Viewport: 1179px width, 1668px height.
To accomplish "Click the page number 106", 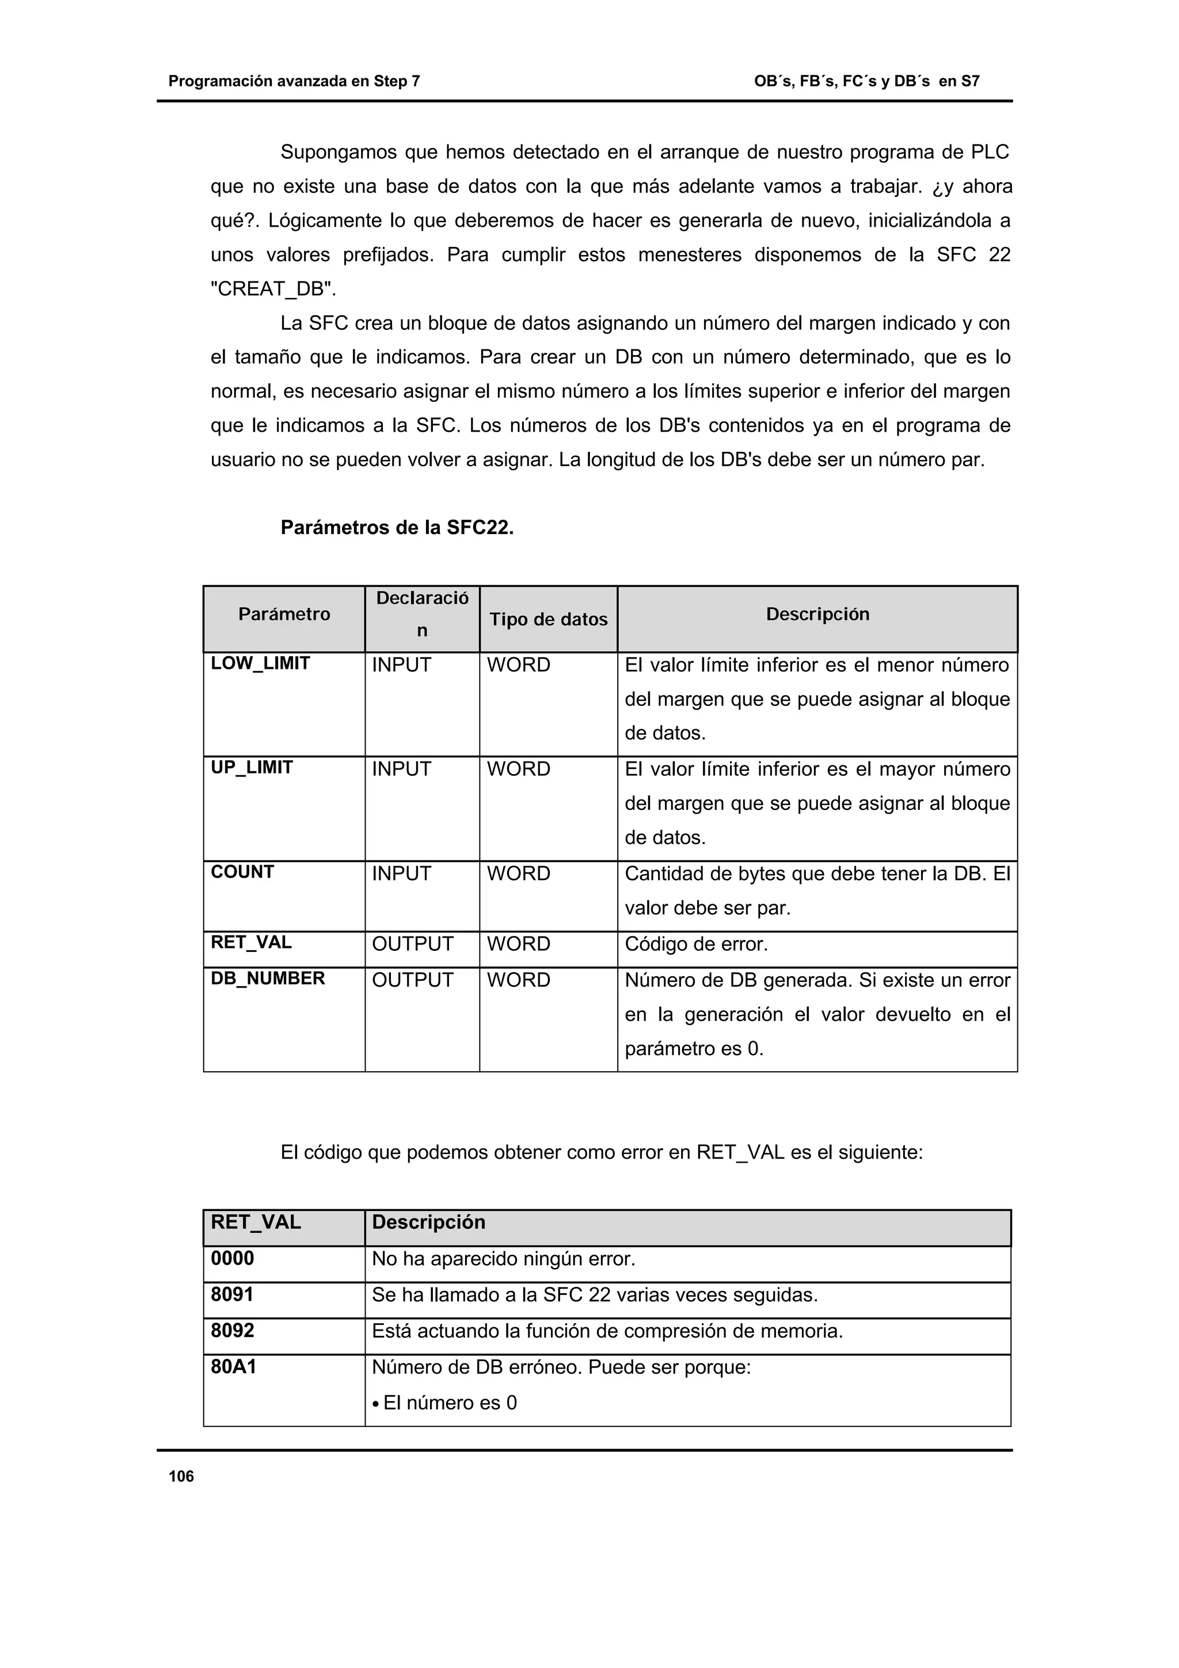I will (181, 1476).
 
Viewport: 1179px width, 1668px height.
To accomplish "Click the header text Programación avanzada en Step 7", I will (294, 81).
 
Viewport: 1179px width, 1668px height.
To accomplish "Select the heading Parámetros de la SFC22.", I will (397, 527).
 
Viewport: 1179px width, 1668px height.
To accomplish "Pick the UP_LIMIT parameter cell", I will (252, 767).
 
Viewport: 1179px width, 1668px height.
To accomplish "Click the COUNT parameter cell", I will (242, 872).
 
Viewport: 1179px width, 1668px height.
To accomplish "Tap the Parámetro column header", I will (284, 614).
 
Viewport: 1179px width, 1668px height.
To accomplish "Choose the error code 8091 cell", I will (233, 1294).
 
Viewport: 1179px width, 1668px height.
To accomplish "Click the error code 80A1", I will (233, 1367).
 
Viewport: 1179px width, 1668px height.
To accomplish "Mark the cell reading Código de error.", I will (696, 944).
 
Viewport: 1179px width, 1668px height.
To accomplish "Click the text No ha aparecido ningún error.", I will (503, 1259).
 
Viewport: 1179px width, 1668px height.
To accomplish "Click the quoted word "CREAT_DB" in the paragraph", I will (273, 289).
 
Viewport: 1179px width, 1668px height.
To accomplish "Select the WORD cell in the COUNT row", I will (518, 873).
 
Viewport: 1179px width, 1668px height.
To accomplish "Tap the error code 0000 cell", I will (233, 1258).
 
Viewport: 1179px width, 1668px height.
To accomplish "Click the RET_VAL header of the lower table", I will (256, 1222).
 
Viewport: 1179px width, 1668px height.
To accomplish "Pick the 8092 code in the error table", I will (233, 1331).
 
